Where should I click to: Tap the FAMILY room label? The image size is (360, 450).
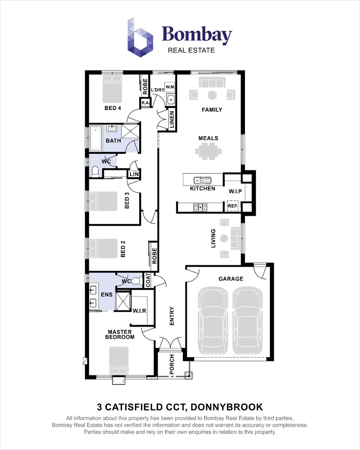point(212,110)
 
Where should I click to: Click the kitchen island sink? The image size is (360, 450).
point(202,180)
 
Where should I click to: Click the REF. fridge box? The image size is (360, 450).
point(232,206)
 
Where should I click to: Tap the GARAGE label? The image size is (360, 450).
point(230,279)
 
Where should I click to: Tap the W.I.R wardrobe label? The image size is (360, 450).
point(139,310)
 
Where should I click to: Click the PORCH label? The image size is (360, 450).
point(171,364)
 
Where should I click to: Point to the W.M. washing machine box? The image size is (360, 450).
point(170,87)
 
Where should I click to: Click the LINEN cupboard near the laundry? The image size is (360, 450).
point(172,120)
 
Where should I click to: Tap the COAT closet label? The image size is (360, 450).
point(147,280)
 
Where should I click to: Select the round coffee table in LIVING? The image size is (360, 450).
point(224,239)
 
